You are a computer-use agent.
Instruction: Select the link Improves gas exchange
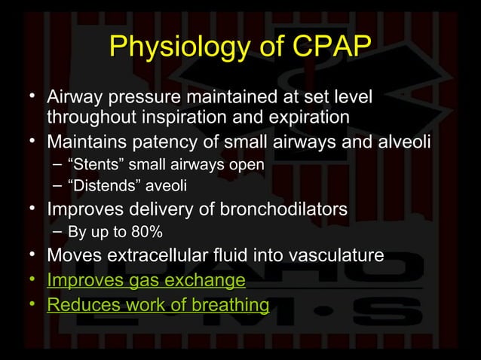(146, 281)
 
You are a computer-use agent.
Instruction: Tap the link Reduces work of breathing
(158, 305)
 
